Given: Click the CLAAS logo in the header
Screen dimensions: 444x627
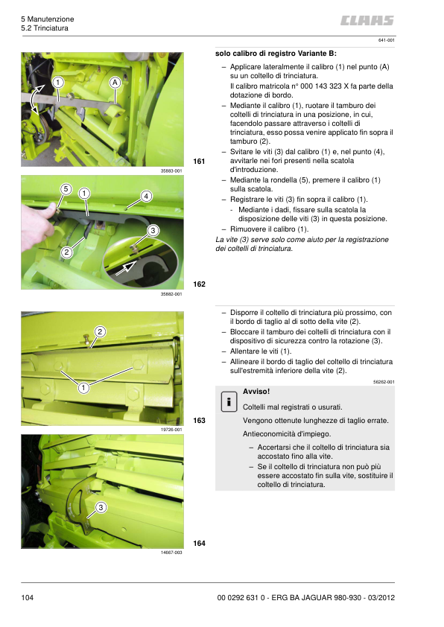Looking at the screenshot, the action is pos(367,20).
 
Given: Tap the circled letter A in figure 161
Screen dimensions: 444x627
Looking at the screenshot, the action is pos(115,83).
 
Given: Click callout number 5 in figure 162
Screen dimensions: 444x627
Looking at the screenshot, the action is pos(66,188).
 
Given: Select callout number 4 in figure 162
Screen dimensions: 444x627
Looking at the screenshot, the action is pos(146,196).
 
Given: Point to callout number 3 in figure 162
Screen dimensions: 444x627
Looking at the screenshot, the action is pos(153,230).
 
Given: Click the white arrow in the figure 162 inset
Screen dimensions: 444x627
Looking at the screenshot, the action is pos(126,267).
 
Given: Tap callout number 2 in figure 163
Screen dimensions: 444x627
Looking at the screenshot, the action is pos(100,331).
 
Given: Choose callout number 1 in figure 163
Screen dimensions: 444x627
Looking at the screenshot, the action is pos(83,387).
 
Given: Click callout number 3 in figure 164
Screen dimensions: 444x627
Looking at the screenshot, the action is pos(101,507).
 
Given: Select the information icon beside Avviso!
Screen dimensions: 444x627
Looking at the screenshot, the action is pos(229,401).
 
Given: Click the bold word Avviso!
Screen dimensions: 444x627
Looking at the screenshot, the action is pos(256,392).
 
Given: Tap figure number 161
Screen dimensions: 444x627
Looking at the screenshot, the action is pos(199,161).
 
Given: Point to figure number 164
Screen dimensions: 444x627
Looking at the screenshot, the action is pos(199,543).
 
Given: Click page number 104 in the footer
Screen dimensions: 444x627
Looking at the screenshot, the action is pos(28,597).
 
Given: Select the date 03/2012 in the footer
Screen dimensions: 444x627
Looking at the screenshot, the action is pos(381,597).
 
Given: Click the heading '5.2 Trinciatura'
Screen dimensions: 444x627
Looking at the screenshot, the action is pos(45,28).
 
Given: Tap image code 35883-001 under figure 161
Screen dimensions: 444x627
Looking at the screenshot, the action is pos(171,171).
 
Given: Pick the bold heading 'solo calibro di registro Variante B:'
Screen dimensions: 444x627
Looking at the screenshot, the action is pos(276,53).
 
